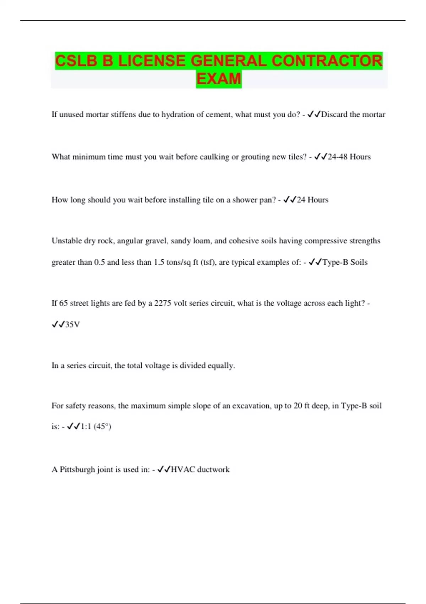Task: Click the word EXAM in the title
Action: point(219,79)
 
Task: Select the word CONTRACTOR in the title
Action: point(327,61)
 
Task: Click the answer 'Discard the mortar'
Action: point(353,114)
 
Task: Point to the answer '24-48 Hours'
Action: point(349,157)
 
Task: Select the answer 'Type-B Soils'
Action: point(345,262)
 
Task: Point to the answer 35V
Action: point(72,324)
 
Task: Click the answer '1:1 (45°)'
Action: point(96,426)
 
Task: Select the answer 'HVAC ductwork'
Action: point(200,469)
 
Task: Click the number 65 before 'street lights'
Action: point(63,303)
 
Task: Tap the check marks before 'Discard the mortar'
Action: point(314,114)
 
